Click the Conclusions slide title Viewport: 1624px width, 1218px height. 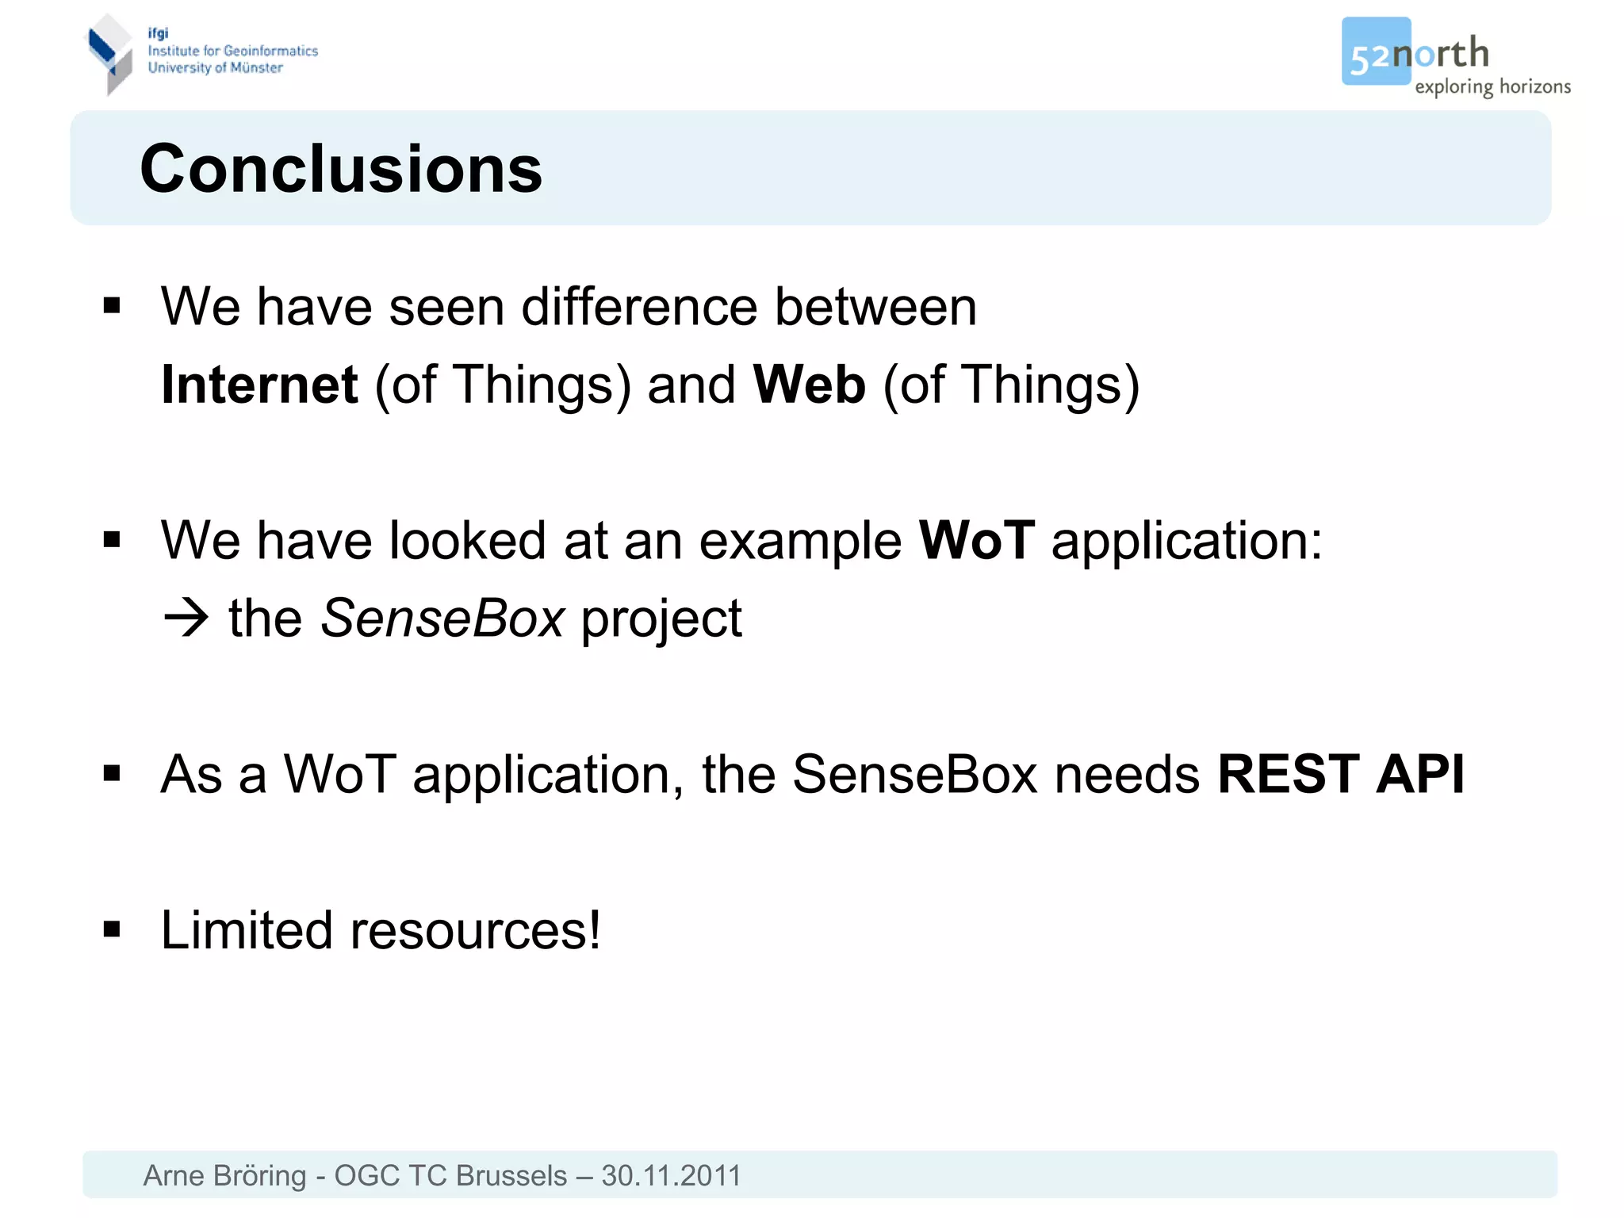[341, 169]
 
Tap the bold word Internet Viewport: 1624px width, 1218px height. [259, 385]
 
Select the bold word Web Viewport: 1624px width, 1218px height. [809, 385]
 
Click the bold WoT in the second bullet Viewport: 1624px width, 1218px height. [976, 541]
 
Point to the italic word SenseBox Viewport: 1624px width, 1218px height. [442, 619]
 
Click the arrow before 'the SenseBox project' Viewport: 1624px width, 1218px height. [186, 619]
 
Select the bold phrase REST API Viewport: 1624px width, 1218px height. [1340, 774]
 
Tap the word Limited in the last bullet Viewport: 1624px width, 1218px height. [246, 930]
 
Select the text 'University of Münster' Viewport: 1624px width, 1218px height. [215, 68]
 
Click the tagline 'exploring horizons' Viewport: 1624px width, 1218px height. [1492, 86]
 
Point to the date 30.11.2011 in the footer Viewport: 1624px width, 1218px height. [671, 1175]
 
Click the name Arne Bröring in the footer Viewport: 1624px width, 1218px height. [224, 1175]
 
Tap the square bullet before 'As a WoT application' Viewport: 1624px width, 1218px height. [112, 773]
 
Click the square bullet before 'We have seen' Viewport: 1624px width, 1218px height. [112, 306]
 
